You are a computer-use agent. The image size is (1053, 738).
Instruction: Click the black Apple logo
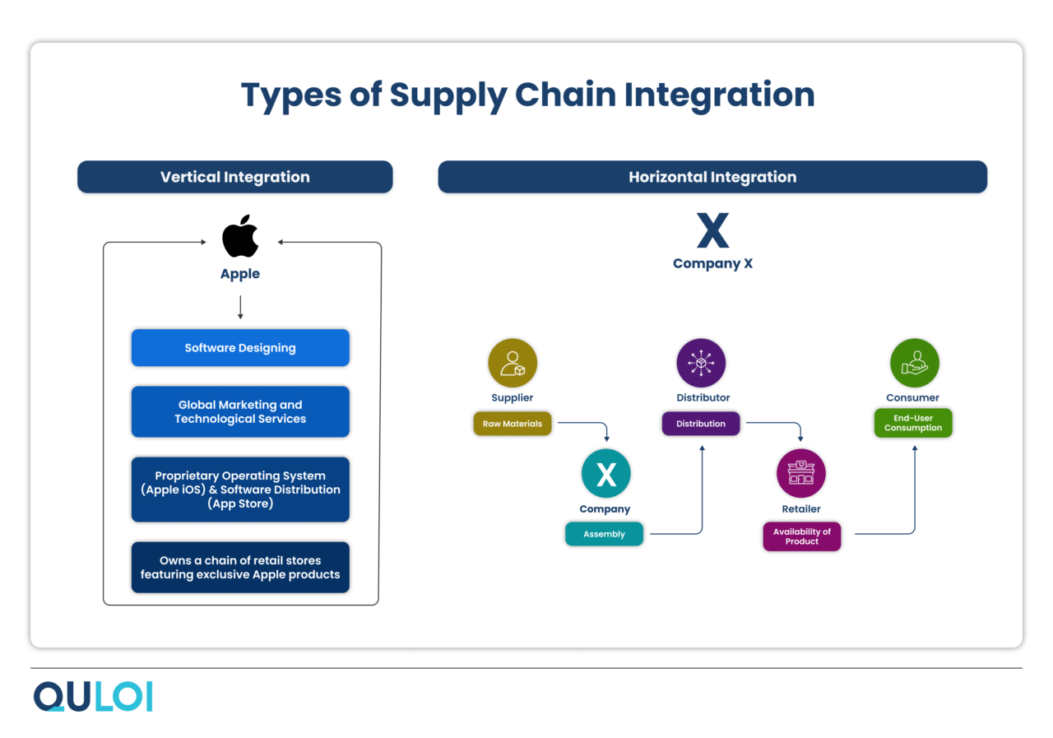[x=240, y=236]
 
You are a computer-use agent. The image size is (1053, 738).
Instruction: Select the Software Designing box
[x=240, y=348]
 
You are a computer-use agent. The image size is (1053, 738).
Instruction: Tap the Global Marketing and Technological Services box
[x=240, y=411]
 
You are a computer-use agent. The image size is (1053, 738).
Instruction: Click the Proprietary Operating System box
[x=240, y=490]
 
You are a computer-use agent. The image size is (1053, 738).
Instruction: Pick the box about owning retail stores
[x=240, y=567]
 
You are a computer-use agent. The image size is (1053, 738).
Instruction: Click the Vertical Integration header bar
[x=235, y=177]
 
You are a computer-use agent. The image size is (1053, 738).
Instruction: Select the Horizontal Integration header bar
[x=712, y=177]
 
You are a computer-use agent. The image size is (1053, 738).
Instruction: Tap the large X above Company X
[x=712, y=231]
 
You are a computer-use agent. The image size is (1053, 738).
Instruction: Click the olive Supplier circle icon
[x=513, y=363]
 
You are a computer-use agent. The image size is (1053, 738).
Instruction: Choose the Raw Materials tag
[x=512, y=424]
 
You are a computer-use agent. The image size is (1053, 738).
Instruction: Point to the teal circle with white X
[x=605, y=474]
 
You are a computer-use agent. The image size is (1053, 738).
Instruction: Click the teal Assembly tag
[x=604, y=534]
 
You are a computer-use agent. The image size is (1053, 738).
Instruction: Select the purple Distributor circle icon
[x=701, y=363]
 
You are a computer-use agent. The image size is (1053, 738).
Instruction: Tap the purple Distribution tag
[x=701, y=424]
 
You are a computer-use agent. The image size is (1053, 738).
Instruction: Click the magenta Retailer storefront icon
[x=800, y=474]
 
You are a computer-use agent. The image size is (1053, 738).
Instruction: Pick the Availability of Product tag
[x=801, y=536]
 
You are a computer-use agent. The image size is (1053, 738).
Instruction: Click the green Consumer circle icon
[x=914, y=363]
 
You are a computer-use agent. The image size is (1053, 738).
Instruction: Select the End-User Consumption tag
[x=913, y=423]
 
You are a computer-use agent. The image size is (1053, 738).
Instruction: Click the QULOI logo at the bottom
[x=93, y=696]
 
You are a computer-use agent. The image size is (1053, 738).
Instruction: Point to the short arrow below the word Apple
[x=240, y=308]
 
